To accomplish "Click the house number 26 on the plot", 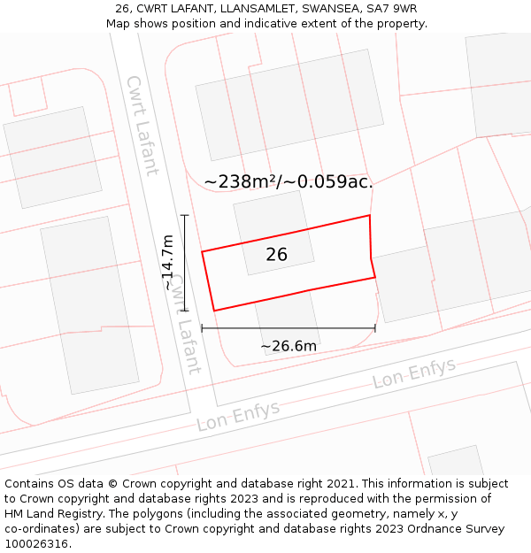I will (277, 255).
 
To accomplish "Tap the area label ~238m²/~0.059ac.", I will (289, 181).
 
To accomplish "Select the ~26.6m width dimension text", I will (289, 346).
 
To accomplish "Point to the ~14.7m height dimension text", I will (168, 263).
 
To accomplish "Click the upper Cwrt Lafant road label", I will (142, 125).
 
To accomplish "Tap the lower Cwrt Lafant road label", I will (186, 324).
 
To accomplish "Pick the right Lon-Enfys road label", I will (414, 373).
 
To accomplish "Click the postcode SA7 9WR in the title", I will (390, 9).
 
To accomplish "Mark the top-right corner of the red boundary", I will (369, 215).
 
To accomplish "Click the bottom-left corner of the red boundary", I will (214, 311).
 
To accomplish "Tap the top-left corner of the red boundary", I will (202, 252).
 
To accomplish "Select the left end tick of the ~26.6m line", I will (202, 328).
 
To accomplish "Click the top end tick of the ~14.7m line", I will (184, 215).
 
